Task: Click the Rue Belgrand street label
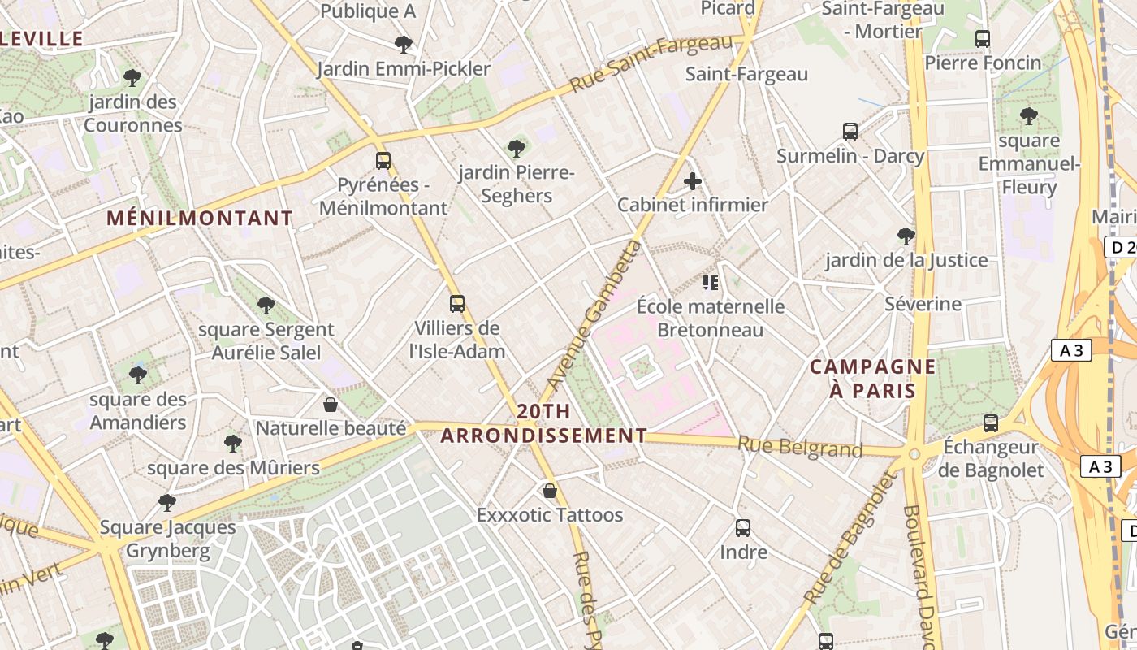[x=799, y=447]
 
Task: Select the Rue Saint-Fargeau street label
[x=651, y=64]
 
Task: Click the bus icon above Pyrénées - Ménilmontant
[x=383, y=161]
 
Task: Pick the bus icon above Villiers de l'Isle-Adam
[x=457, y=304]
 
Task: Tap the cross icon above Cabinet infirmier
[x=693, y=181]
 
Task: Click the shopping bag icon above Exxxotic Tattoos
[x=550, y=491]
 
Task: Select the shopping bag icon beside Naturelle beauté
[x=331, y=404]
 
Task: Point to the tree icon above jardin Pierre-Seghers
[x=516, y=148]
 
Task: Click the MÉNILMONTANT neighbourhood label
[x=200, y=219]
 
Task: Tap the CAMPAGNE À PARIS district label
[x=872, y=379]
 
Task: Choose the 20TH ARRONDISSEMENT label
[x=543, y=423]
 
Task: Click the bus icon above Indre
[x=743, y=528]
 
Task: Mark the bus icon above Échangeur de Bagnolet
[x=991, y=422]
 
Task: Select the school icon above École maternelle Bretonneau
[x=711, y=283]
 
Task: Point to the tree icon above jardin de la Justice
[x=906, y=236]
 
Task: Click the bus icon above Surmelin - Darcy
[x=850, y=131]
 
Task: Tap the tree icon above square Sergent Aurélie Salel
[x=266, y=305]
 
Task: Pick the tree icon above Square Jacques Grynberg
[x=167, y=503]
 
